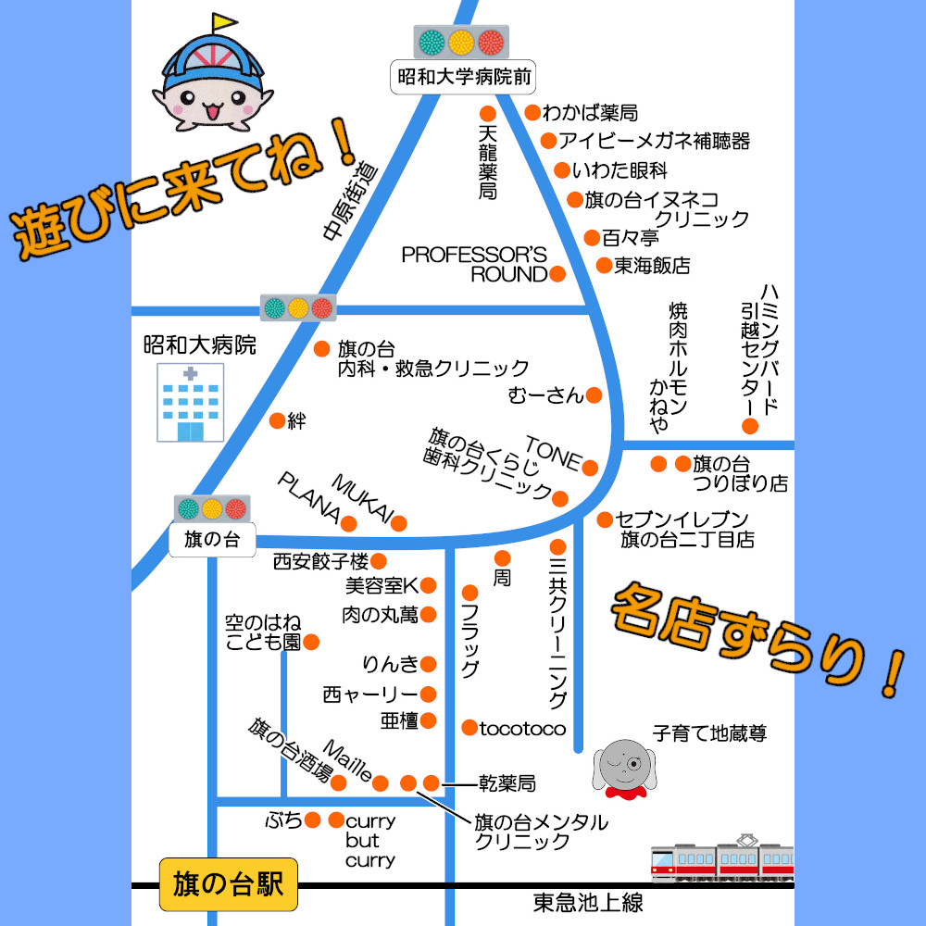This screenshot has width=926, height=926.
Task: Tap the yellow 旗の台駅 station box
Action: [229, 883]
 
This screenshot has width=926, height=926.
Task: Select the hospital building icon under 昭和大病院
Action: [190, 402]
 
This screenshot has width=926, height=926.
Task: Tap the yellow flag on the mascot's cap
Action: [224, 20]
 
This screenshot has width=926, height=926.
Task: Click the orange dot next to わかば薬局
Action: [532, 113]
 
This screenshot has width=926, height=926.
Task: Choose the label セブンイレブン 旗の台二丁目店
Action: [686, 529]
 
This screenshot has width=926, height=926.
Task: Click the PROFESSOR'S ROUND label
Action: [475, 264]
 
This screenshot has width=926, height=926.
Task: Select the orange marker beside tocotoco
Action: [469, 728]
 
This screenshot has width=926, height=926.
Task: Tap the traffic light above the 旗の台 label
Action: [212, 508]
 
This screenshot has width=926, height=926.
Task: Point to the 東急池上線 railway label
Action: [588, 902]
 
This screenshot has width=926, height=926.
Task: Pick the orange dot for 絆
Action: [276, 421]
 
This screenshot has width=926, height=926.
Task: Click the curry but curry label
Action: [370, 841]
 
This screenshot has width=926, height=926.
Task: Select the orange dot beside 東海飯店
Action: [604, 266]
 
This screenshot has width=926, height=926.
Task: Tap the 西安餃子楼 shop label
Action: [320, 561]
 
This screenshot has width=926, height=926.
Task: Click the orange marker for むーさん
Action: [594, 395]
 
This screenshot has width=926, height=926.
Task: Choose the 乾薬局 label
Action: [507, 783]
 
